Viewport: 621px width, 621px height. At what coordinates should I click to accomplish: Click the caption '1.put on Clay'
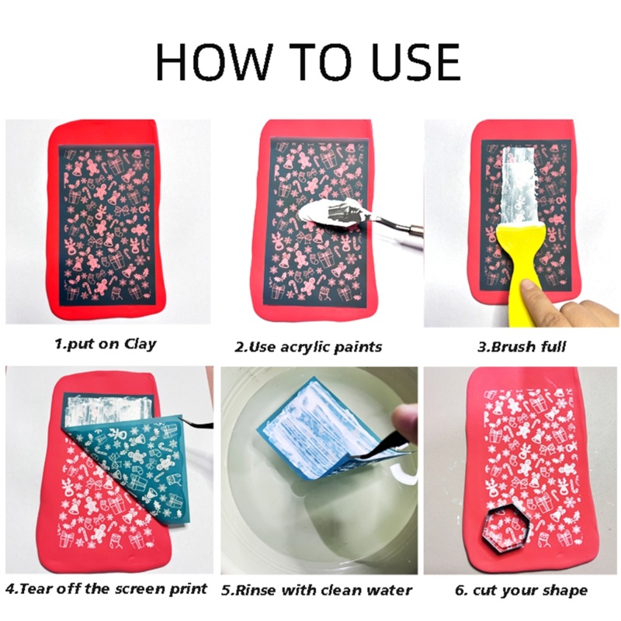(x=105, y=344)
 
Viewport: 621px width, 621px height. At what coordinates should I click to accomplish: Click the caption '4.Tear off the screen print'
(x=106, y=588)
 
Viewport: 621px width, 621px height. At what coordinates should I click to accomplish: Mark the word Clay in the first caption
(x=140, y=344)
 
